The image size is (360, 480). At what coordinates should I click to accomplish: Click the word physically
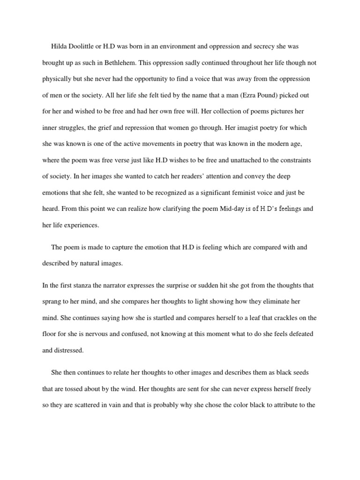[57, 79]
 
